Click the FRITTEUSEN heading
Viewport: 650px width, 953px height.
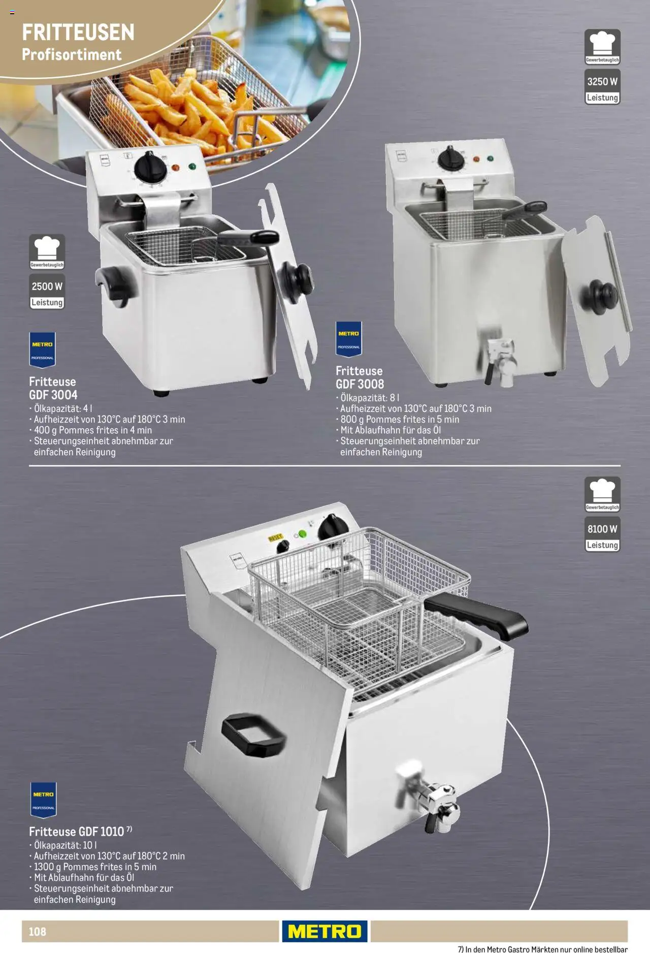78,33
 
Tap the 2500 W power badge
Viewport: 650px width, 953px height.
47,287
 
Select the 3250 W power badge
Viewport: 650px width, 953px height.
602,82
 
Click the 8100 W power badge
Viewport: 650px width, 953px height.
602,529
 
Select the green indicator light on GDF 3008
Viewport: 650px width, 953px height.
490,158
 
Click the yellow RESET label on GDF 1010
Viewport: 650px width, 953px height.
275,537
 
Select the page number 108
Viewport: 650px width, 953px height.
37,931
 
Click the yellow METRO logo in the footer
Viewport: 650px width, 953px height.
324,931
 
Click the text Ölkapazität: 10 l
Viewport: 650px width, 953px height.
66,845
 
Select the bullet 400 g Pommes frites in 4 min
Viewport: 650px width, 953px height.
92,430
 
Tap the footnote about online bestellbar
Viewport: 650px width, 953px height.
542,948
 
